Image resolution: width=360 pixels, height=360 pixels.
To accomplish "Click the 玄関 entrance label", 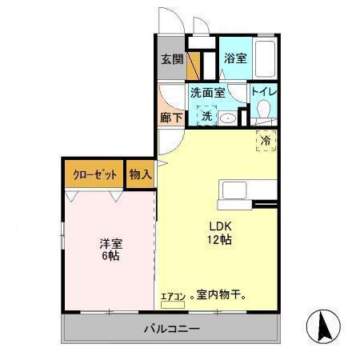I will click(171, 59).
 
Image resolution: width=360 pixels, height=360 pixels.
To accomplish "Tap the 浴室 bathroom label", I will click(234, 58).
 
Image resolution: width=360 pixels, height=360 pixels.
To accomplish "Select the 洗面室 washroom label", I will click(206, 92).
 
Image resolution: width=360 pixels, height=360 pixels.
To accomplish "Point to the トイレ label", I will click(263, 92).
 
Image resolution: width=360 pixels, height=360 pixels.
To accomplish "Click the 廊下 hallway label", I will click(171, 117).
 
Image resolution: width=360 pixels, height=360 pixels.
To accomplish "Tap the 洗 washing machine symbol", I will click(206, 117).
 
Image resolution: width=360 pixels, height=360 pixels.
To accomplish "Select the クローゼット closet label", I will click(94, 174).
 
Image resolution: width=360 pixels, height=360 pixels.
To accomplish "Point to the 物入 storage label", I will click(140, 174).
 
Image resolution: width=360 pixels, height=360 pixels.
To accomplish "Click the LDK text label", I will click(220, 225).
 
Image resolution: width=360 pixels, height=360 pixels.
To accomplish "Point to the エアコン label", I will click(173, 297).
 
